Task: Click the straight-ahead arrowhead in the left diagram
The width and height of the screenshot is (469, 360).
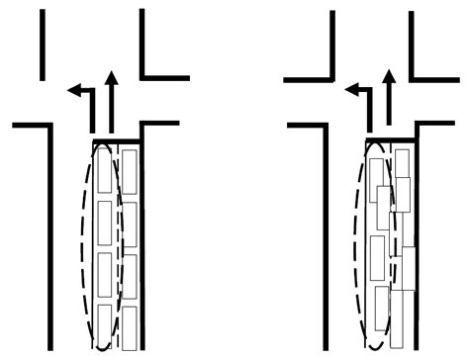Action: tap(110, 77)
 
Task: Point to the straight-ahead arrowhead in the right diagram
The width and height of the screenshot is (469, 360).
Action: tap(387, 76)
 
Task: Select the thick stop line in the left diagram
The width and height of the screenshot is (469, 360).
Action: tap(118, 140)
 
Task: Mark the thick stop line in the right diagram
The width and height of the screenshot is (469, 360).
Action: tap(390, 140)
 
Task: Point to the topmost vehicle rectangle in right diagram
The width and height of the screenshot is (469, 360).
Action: tap(402, 163)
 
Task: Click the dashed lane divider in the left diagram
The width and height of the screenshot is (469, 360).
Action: tap(119, 247)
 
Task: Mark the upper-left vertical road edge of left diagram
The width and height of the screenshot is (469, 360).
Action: tap(43, 45)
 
